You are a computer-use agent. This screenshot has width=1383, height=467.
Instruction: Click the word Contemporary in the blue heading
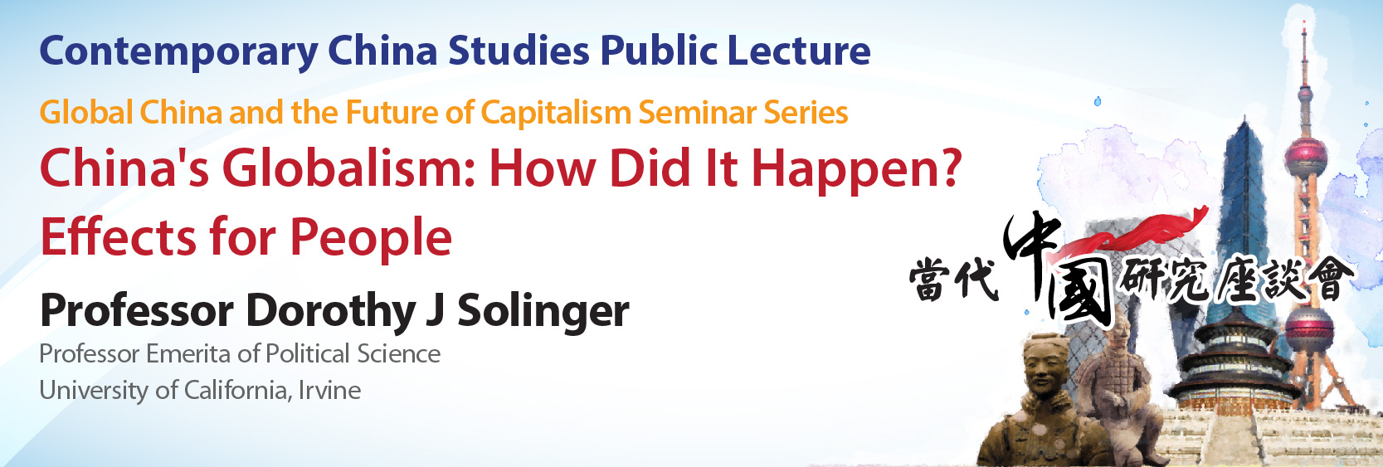(179, 51)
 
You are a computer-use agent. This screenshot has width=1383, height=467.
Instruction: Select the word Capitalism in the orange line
(555, 112)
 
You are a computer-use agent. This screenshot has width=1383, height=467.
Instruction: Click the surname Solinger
(543, 311)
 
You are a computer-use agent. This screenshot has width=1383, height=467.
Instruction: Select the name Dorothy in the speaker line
(330, 311)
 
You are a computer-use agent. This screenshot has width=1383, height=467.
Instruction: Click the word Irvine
(329, 390)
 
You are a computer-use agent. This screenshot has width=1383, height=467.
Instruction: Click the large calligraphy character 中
(1032, 246)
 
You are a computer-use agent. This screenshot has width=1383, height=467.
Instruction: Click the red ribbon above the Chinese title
(1136, 231)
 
